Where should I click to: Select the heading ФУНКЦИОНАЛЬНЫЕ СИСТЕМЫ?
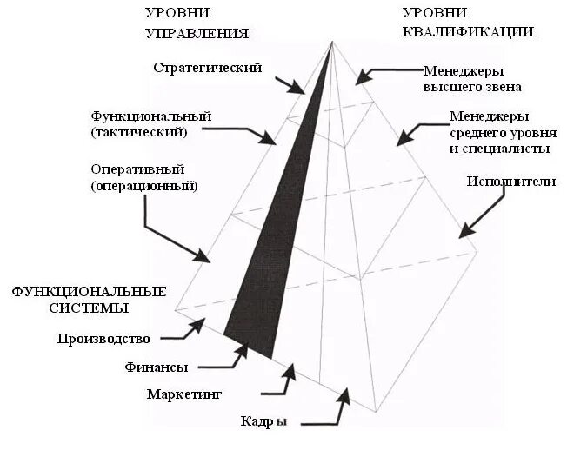point(88,299)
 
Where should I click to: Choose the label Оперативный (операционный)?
point(143,176)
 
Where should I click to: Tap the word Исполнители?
point(510,181)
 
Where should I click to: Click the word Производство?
point(103,338)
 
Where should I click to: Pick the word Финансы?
point(157,367)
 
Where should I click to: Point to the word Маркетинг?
point(184,394)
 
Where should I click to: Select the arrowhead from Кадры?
point(345,397)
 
